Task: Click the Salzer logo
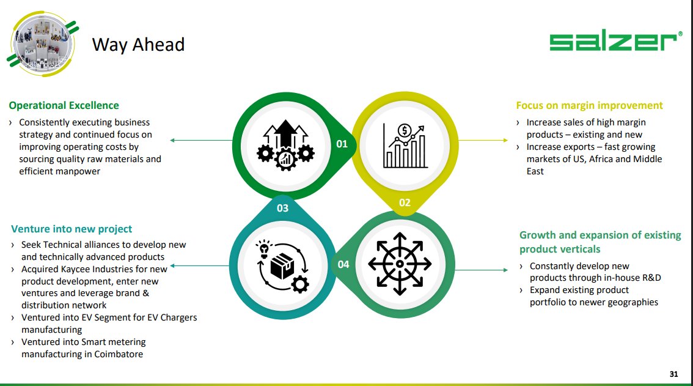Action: point(612,42)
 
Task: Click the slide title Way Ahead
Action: point(138,44)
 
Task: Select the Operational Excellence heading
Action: point(64,105)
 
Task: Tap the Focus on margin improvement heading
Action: point(589,105)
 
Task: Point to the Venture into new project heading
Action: point(71,229)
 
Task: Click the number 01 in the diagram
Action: point(342,144)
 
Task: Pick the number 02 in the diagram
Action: point(405,202)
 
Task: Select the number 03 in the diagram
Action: point(282,208)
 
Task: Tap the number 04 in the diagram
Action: point(343,264)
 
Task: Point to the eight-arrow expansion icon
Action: point(400,264)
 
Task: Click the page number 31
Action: point(674,374)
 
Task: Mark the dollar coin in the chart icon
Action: point(404,130)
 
